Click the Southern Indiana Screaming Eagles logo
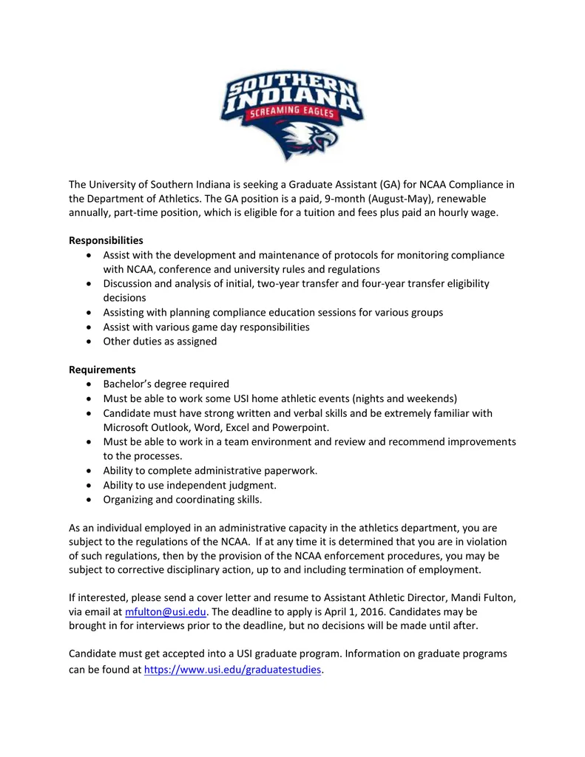(291, 111)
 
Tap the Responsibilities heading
(106, 240)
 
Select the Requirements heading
(102, 370)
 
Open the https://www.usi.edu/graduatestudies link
(233, 670)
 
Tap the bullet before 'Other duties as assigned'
(89, 342)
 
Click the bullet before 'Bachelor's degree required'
(89, 384)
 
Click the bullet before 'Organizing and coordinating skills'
(89, 500)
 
